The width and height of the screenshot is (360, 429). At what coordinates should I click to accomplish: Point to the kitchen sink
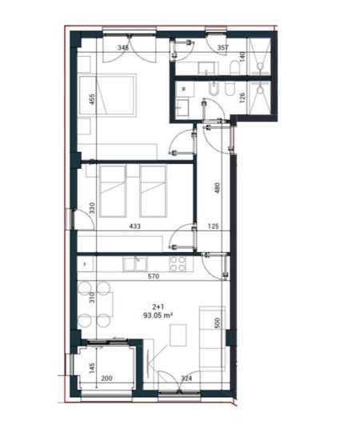click(136, 262)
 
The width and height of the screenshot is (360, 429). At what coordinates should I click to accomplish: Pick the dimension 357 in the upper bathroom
click(223, 47)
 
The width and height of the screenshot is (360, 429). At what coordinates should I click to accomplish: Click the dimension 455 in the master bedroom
click(93, 99)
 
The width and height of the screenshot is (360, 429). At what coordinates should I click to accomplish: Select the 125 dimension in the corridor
click(214, 227)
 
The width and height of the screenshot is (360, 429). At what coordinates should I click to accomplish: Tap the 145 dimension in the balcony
click(93, 368)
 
